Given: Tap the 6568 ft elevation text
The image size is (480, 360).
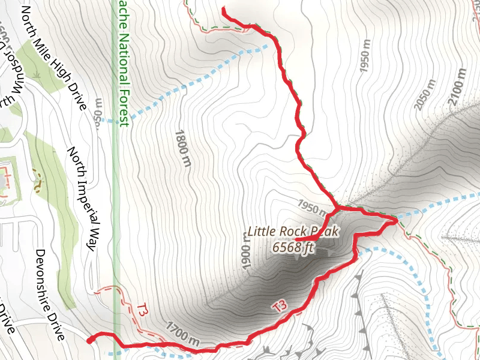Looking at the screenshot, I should click(293, 247).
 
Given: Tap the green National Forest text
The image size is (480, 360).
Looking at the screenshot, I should click(124, 60).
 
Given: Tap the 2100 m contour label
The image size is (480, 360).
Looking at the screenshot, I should click(457, 87).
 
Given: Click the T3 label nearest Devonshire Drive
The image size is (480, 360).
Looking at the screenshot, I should click(142, 311).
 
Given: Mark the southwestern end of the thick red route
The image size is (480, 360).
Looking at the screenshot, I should click(89, 340).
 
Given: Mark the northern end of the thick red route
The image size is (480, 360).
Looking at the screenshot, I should click(223, 10).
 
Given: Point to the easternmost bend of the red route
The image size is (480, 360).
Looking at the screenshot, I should click(396, 222).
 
